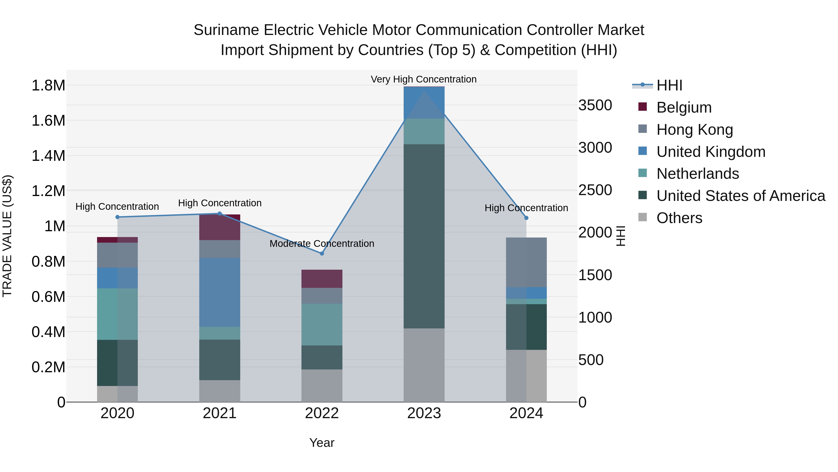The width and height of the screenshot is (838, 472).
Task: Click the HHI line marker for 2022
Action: coord(322,253)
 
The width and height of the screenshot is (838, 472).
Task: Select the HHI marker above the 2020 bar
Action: coord(118,217)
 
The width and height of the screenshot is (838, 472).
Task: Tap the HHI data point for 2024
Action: coord(526,218)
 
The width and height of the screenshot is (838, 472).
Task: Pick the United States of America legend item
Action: coord(740,196)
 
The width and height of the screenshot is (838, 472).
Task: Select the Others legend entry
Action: coord(679,218)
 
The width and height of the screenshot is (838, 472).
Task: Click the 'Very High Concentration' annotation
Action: coord(424,79)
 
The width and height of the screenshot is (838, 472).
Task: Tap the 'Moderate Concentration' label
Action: coord(322,243)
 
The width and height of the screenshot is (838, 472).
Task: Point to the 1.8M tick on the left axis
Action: coord(48,86)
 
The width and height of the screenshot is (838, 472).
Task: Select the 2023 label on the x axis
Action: coord(424,413)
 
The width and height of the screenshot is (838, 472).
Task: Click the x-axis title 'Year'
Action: coord(322,443)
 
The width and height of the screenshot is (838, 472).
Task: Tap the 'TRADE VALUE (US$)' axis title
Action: coord(7,236)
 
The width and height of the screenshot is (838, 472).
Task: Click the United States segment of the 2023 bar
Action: coord(424,236)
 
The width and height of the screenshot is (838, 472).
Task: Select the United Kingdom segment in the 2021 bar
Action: coord(220,292)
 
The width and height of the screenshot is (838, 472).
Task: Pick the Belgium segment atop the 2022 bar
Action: coord(322,279)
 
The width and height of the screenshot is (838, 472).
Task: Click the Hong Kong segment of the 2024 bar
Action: coord(526,262)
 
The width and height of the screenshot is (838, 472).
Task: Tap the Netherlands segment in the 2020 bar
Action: coord(118,314)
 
